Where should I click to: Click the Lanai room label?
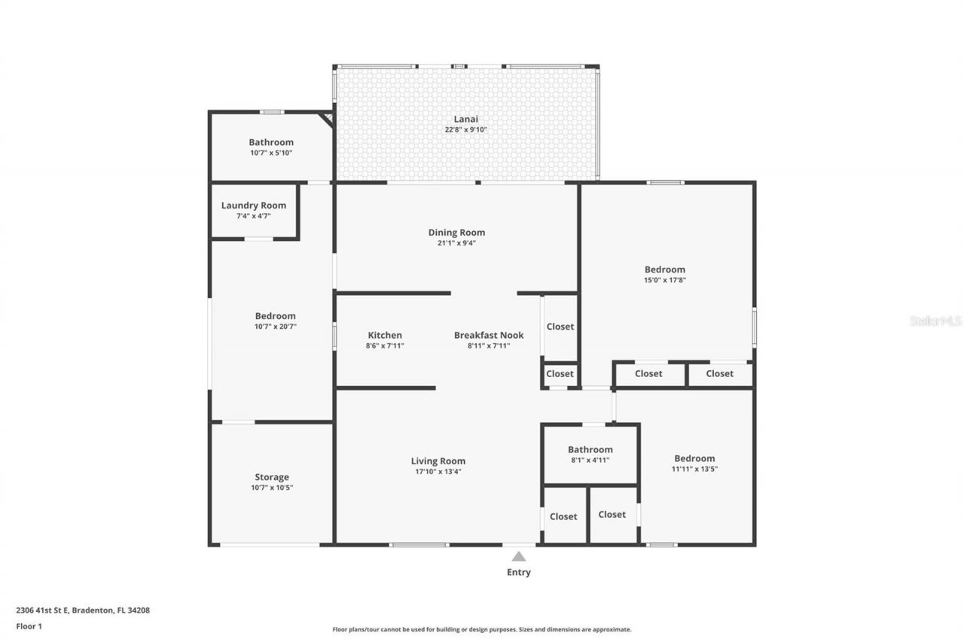(465, 119)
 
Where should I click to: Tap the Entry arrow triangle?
(519, 556)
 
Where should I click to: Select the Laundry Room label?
(254, 205)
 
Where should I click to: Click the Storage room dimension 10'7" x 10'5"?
(271, 488)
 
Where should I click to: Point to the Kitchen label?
(385, 335)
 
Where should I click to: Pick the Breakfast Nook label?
(489, 335)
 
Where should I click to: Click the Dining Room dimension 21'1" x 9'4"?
(456, 243)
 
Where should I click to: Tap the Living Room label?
(438, 461)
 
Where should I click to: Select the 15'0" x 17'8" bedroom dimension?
(664, 280)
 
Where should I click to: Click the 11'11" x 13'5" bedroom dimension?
(694, 469)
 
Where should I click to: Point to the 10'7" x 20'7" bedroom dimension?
(275, 327)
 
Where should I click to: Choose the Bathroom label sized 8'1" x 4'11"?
(590, 449)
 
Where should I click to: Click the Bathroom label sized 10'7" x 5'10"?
(271, 142)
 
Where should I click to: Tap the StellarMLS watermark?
(935, 321)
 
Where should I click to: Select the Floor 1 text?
(29, 625)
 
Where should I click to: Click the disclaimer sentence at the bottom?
(482, 629)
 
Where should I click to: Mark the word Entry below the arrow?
(518, 572)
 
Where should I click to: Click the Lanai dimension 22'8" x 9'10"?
(465, 129)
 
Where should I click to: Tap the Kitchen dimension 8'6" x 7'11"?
(385, 345)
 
